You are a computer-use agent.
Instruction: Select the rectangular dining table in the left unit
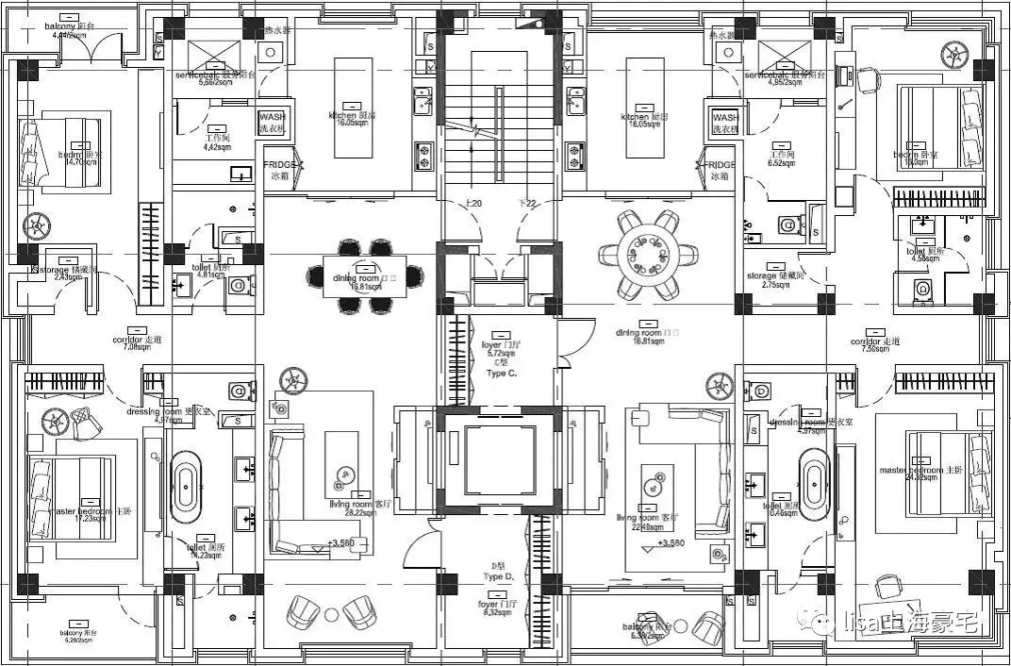coord(364,275)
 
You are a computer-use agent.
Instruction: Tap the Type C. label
coord(501,374)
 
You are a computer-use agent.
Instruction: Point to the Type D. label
coord(498,575)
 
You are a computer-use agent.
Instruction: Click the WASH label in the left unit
coord(272,116)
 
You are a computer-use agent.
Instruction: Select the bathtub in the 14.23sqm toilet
coord(185,485)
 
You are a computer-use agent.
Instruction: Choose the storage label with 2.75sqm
coord(775,284)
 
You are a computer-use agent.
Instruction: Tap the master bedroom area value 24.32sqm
coord(923,477)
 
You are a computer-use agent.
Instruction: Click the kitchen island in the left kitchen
coord(353,94)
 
